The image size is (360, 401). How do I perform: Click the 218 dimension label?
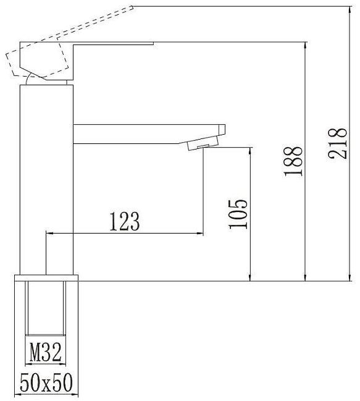click(338, 143)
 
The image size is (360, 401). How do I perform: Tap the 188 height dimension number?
click(293, 161)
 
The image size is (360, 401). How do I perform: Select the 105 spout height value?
click(238, 214)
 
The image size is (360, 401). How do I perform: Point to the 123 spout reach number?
click(125, 221)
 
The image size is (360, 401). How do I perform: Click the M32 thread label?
click(46, 352)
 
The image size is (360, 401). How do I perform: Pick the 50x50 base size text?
click(46, 382)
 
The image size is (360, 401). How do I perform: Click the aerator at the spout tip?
click(203, 143)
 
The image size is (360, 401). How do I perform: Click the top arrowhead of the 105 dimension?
click(250, 151)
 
